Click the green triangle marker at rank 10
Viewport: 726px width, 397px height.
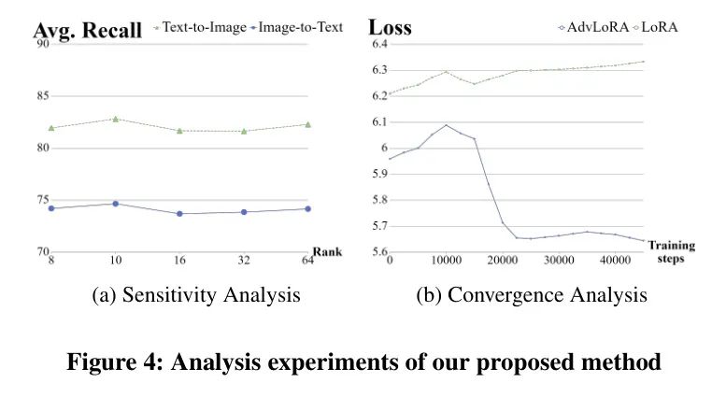(115, 119)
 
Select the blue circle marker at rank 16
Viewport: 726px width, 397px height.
(179, 214)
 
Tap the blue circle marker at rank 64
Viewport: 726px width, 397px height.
(308, 208)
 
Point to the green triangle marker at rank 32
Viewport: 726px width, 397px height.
(244, 131)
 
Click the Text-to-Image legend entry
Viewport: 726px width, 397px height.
(200, 27)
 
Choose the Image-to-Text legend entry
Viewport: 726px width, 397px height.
(297, 27)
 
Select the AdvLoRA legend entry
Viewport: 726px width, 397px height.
(594, 27)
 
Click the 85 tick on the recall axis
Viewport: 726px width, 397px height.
(43, 96)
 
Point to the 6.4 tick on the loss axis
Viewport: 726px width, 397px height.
(379, 44)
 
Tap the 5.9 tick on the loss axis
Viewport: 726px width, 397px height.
(379, 174)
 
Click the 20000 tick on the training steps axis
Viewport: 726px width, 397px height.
(503, 260)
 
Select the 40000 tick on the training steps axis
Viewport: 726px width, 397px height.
(616, 260)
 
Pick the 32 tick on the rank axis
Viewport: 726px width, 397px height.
(244, 260)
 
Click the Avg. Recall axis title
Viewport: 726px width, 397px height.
(88, 31)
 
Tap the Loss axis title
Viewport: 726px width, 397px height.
(390, 27)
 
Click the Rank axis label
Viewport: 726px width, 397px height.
(327, 251)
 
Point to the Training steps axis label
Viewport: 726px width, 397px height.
(672, 251)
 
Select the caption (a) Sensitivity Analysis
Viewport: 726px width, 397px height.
(196, 295)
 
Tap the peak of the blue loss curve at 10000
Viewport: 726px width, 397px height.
(447, 125)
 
